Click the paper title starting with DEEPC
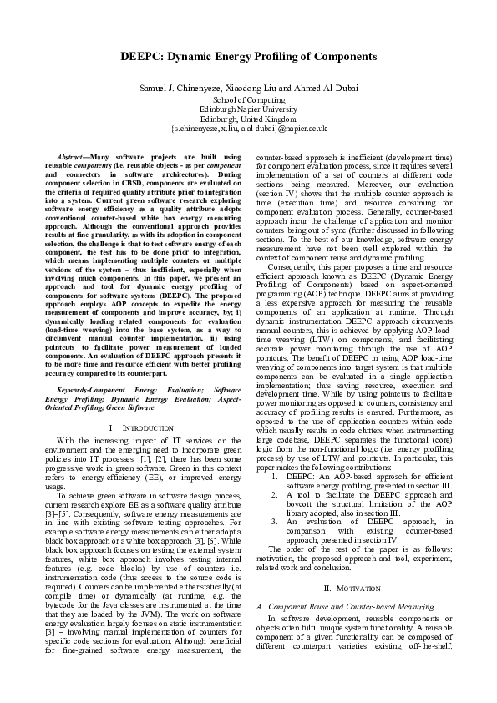pos(248,57)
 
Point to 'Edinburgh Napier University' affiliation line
pos(248,109)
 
